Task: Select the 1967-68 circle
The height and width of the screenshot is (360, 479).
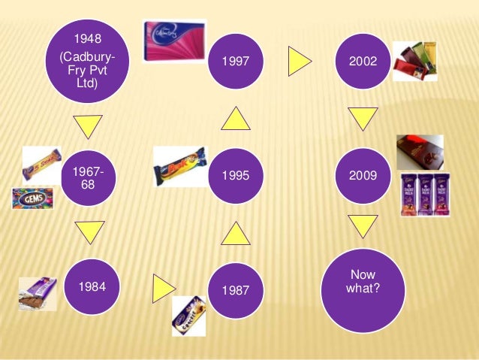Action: tap(89, 177)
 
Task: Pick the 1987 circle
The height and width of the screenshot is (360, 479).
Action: tap(236, 290)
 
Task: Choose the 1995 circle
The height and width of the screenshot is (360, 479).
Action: tap(236, 177)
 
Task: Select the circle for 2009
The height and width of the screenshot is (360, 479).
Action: tap(363, 177)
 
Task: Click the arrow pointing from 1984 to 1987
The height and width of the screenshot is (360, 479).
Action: tap(164, 286)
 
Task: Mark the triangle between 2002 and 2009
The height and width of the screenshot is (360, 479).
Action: tap(363, 118)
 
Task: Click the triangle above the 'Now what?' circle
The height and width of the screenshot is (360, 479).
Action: tap(363, 225)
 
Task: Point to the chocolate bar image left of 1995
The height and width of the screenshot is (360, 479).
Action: tap(179, 166)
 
